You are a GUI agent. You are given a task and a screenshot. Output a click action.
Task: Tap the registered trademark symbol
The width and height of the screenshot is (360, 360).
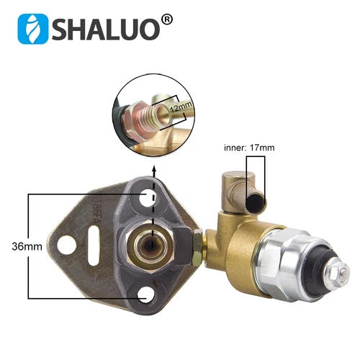coord(167,18)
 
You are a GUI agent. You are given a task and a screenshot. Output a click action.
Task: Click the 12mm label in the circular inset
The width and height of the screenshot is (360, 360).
coord(181,108)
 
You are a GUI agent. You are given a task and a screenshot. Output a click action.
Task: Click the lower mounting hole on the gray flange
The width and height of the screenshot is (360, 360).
coord(147,292)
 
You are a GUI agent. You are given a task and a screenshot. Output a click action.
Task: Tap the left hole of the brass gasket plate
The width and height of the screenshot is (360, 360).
coord(68,243)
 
